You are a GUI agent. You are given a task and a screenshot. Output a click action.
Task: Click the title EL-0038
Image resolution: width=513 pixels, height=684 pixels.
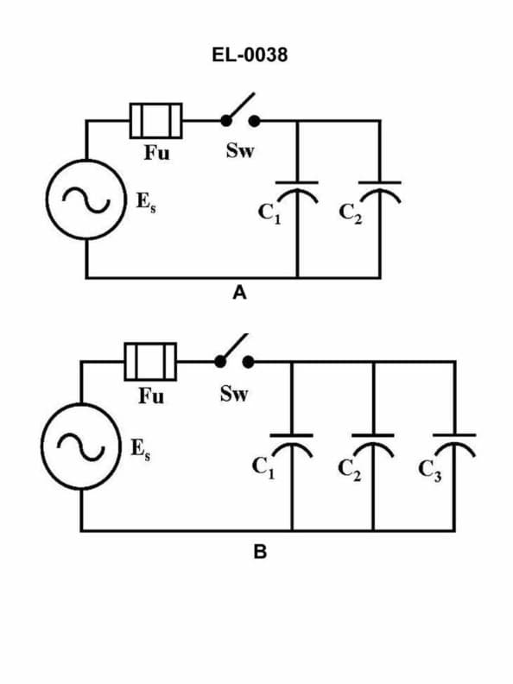coord(256,56)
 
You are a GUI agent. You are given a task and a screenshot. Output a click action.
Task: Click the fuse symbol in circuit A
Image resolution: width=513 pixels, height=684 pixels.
coord(155,120)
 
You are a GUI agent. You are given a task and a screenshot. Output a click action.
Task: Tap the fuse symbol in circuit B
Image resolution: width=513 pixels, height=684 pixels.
coord(151,361)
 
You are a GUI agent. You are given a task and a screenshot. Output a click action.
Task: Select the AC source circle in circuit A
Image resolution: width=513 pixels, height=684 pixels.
coord(86,199)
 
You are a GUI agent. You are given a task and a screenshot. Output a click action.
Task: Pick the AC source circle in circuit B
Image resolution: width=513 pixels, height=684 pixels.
coord(81,446)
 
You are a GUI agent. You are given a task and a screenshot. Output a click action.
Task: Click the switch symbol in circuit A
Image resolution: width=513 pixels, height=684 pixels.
coord(239,114)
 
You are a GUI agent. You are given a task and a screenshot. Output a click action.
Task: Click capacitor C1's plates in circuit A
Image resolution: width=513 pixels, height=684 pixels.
coord(297,189)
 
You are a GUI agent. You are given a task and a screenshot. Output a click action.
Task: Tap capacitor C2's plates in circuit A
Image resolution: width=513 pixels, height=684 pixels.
coord(379,189)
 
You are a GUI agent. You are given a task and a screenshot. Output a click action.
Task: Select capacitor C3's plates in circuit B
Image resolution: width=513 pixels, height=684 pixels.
coord(454,440)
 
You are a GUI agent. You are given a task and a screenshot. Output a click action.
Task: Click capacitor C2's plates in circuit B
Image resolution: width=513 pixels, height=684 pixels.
coord(373,440)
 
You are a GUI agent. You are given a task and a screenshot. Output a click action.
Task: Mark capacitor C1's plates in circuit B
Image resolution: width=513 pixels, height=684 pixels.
coord(292,440)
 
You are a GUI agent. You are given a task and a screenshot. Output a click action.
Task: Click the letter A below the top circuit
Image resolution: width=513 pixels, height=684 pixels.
coord(240,294)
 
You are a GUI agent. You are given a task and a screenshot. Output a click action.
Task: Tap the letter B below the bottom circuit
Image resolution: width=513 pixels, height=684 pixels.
coord(259,553)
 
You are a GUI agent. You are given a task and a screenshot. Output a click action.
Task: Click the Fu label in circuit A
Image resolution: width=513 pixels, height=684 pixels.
coord(156,154)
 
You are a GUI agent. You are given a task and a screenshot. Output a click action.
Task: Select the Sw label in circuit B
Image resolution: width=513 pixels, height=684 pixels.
coord(233,395)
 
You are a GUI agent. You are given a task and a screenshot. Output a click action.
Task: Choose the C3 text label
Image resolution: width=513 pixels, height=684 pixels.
coord(429,471)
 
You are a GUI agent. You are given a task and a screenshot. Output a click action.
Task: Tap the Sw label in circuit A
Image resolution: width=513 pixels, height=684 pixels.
coord(239,151)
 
